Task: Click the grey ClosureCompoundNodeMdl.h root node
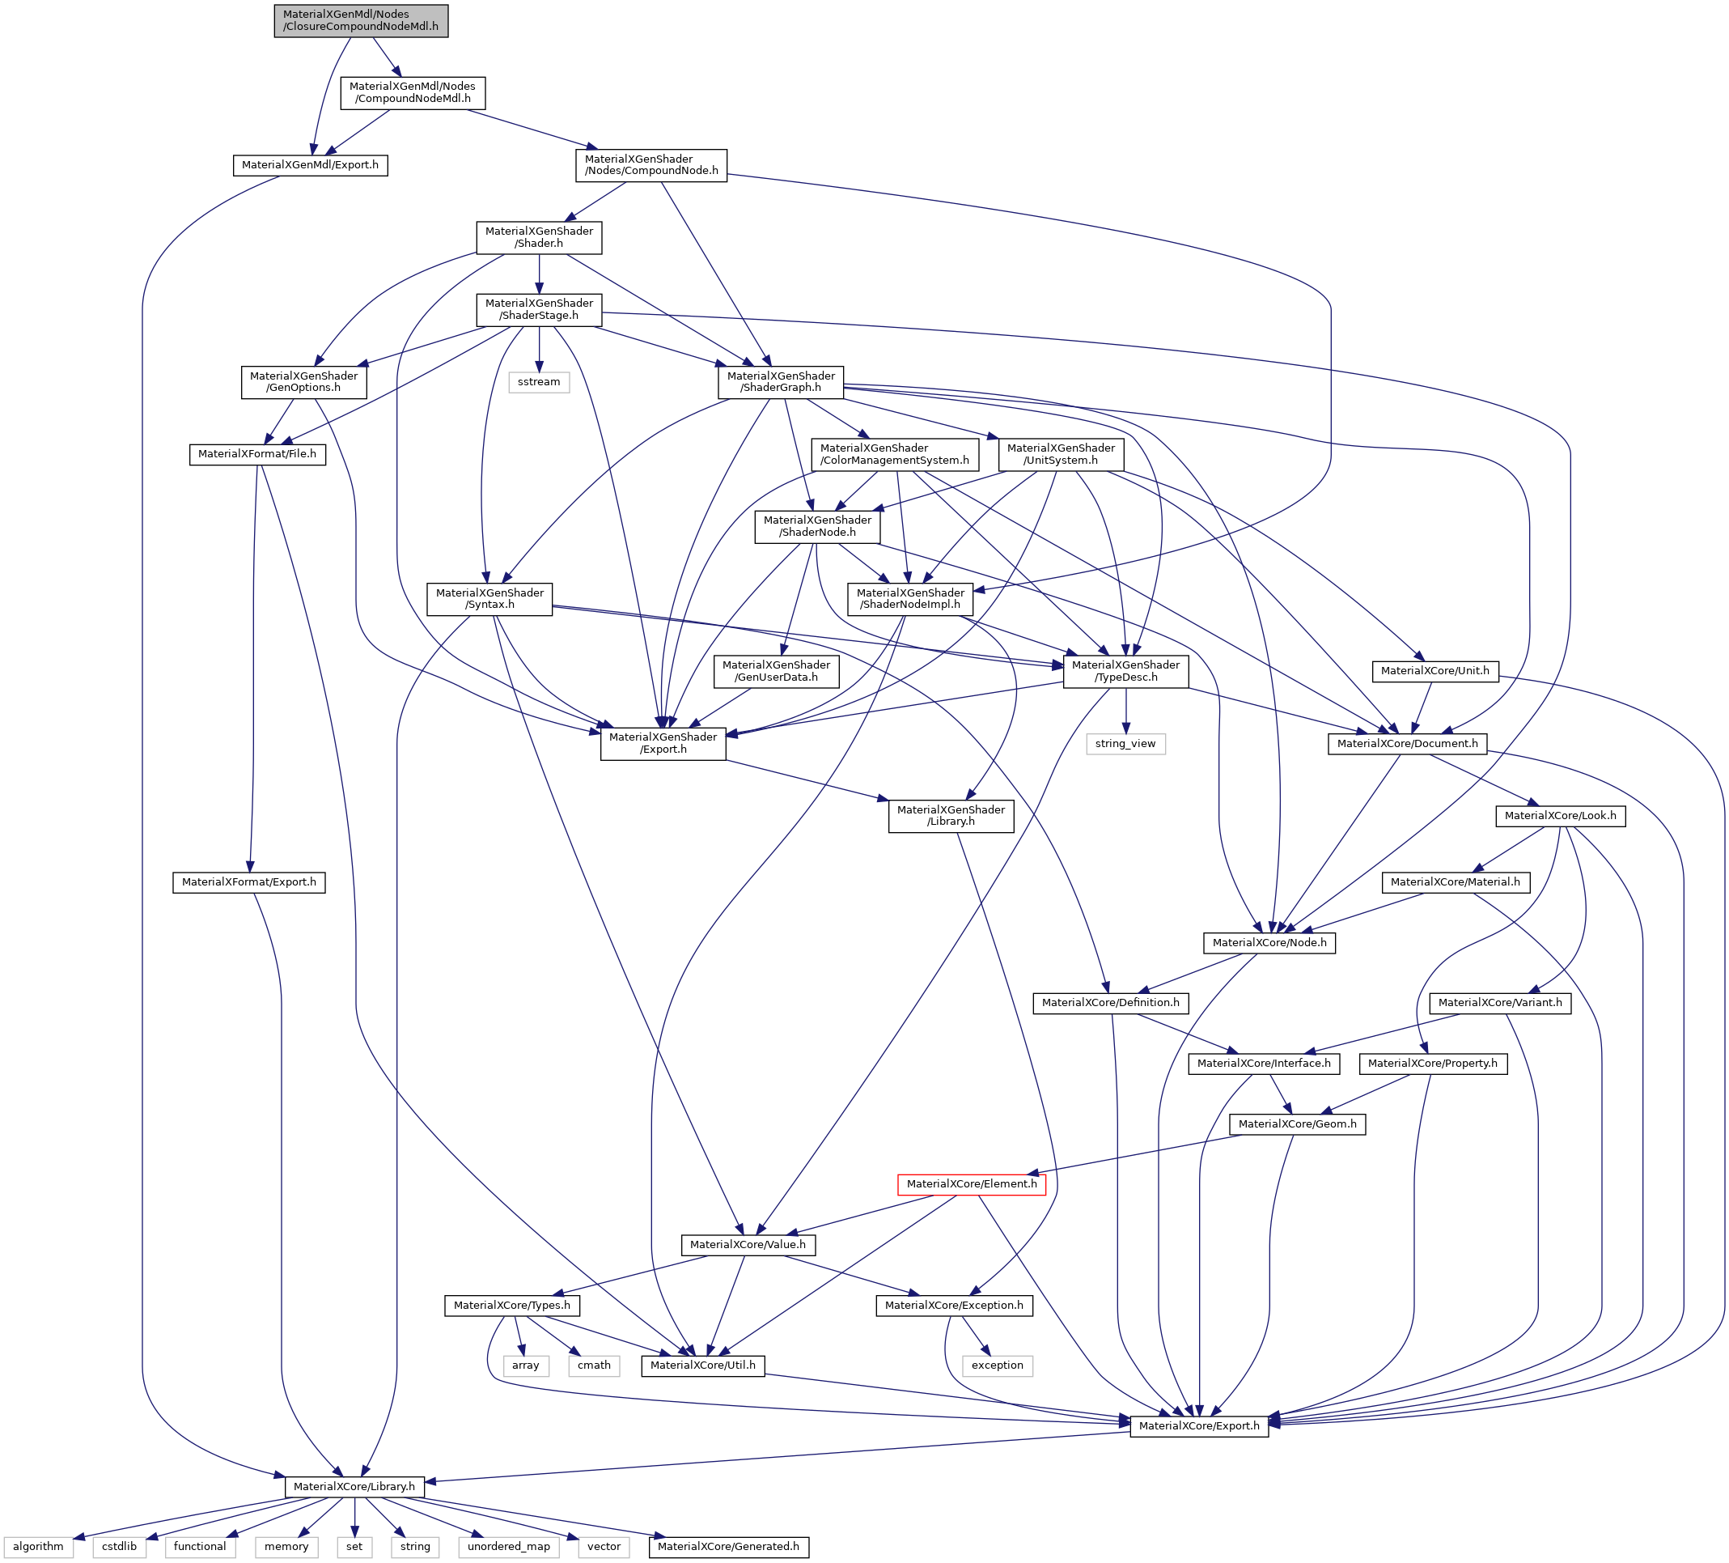(x=360, y=20)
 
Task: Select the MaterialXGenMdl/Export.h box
(x=310, y=164)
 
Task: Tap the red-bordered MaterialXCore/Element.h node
(x=971, y=1184)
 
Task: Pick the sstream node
(x=539, y=382)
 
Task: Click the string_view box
(x=1125, y=744)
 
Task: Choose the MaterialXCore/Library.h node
(x=354, y=1486)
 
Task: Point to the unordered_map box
(x=509, y=1546)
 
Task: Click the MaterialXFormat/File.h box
(x=257, y=454)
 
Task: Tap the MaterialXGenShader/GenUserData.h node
(x=776, y=671)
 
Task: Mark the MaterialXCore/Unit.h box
(x=1434, y=670)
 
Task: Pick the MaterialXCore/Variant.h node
(x=1500, y=1002)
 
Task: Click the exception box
(x=998, y=1365)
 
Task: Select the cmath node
(x=594, y=1365)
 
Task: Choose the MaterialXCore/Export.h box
(x=1199, y=1425)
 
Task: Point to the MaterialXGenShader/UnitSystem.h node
(x=1061, y=454)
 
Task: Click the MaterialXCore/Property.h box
(x=1432, y=1063)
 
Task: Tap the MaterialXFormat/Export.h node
(x=248, y=881)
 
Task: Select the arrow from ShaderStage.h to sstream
(x=539, y=349)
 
